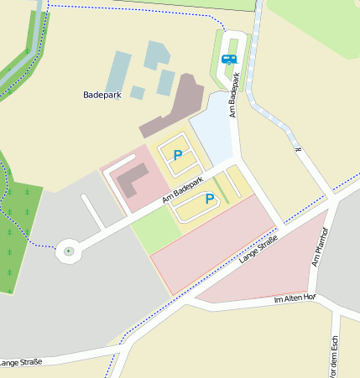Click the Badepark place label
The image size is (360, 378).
[x=102, y=96]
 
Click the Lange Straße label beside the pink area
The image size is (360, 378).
[x=258, y=250]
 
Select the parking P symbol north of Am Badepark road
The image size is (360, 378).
[x=177, y=155]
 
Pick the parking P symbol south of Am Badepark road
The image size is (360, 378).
[x=210, y=199]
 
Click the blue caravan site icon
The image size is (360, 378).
[x=229, y=60]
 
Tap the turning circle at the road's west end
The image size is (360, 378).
[x=69, y=251]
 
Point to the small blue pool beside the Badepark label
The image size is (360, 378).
[x=137, y=92]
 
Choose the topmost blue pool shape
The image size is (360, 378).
[x=156, y=54]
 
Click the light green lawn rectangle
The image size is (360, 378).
[x=155, y=229]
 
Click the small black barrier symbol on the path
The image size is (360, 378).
[x=297, y=149]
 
